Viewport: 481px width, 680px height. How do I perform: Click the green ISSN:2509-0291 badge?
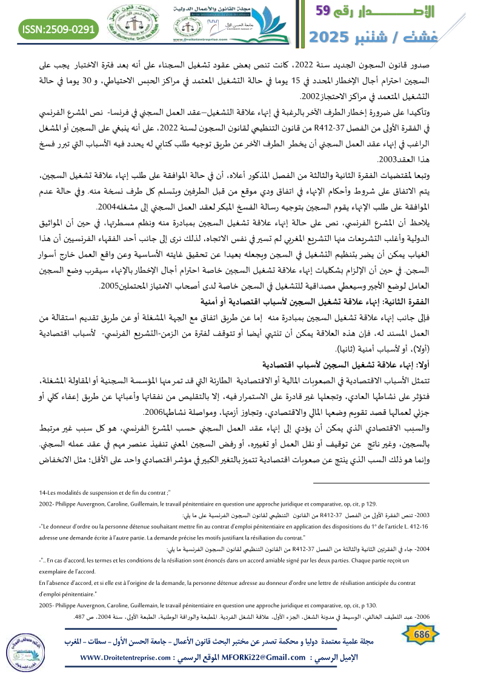pyautogui.click(x=59, y=28)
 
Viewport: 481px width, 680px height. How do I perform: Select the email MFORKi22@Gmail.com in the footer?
pyautogui.click(x=262, y=658)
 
